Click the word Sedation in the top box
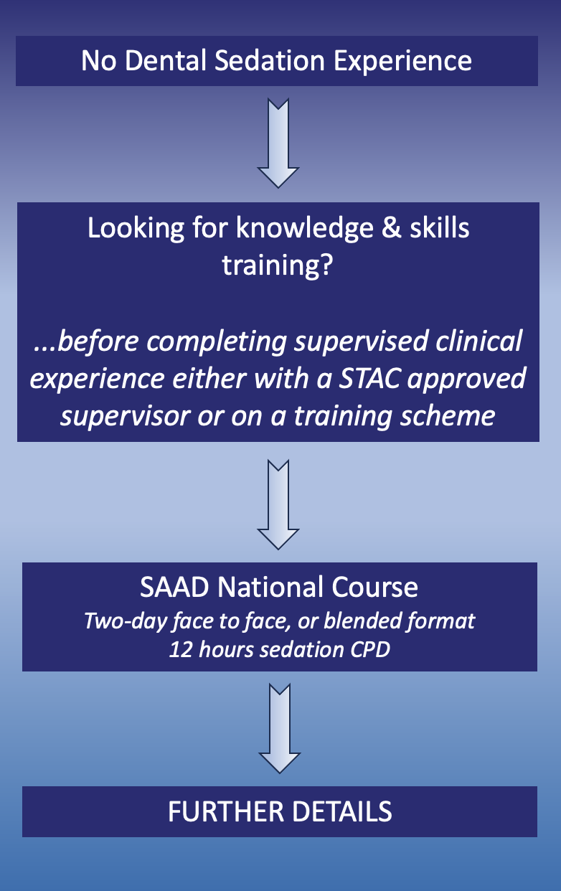click(x=270, y=61)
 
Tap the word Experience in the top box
click(x=402, y=62)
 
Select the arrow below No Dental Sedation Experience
click(x=278, y=143)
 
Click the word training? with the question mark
click(x=277, y=265)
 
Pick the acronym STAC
click(x=369, y=378)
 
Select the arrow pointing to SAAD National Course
click(x=278, y=504)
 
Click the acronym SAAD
click(x=174, y=587)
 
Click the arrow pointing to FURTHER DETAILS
click(x=280, y=728)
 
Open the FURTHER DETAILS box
click(x=280, y=811)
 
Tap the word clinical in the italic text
click(x=478, y=341)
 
